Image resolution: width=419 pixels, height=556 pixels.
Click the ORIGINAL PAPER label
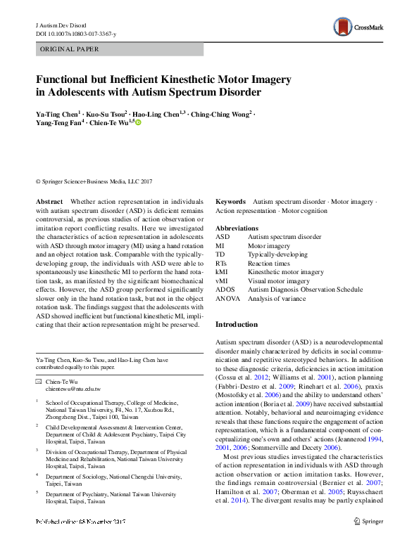coord(69,49)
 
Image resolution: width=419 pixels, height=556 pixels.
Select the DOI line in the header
coord(78,34)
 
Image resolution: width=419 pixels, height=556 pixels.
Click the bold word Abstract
coord(49,201)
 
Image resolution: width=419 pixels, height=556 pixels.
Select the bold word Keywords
coord(230,201)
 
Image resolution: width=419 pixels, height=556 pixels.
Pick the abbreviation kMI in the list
coord(222,271)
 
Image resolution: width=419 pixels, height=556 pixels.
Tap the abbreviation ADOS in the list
coord(225,289)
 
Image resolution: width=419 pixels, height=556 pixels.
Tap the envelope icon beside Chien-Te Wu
coord(39,380)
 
